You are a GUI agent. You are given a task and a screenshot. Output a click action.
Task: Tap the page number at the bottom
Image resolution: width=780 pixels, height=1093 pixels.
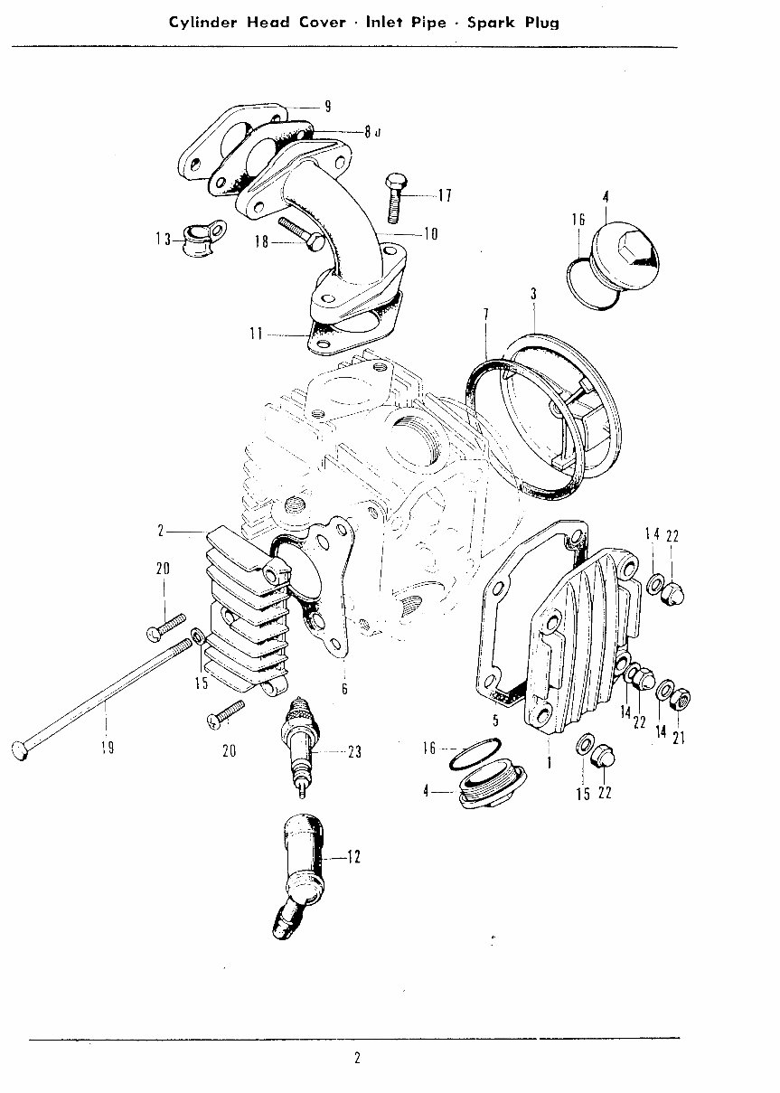coord(357,1059)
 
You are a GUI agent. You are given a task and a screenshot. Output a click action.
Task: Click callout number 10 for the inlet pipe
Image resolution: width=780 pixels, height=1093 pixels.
coord(430,234)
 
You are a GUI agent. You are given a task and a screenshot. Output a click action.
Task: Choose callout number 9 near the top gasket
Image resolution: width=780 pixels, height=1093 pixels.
coord(327,107)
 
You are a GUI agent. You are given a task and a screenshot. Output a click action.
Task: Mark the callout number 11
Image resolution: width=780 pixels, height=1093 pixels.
coord(257,334)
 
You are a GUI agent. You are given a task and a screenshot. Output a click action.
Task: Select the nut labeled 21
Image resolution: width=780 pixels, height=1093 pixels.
coord(684,697)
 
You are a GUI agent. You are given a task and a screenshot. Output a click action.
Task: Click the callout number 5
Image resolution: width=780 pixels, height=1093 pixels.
coord(495,721)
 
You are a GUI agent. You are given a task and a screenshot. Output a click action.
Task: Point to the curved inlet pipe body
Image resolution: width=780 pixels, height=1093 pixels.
coord(312,226)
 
